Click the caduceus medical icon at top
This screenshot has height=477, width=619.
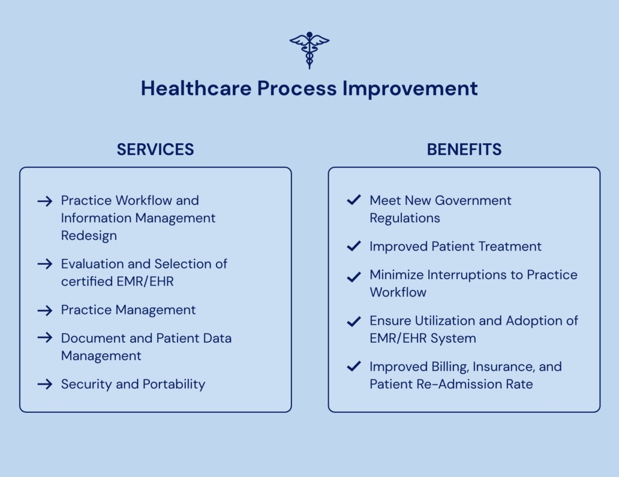coord(309,50)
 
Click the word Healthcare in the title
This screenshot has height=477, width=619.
coord(196,88)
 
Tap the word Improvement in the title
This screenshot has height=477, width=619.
coord(410,88)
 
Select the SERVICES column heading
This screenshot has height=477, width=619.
coord(155,150)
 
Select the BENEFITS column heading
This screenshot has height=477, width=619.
coord(464,150)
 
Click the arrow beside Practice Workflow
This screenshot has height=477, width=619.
coord(45,201)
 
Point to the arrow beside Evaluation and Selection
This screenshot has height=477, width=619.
coord(45,264)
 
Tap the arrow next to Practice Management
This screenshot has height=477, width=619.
coord(45,310)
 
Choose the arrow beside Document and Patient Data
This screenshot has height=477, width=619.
coord(45,338)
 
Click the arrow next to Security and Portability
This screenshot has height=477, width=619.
coord(45,384)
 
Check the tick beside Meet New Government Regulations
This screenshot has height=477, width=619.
coord(354,200)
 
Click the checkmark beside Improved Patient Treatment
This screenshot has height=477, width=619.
coord(354,246)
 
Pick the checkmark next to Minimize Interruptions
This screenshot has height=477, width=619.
coord(354,277)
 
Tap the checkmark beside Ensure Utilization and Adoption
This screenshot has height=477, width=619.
coord(354,322)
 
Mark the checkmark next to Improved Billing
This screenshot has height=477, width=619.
coord(354,366)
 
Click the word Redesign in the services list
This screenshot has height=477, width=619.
coord(89,236)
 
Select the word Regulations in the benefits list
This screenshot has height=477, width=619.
coord(405,219)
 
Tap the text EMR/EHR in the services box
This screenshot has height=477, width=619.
coord(145,282)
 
